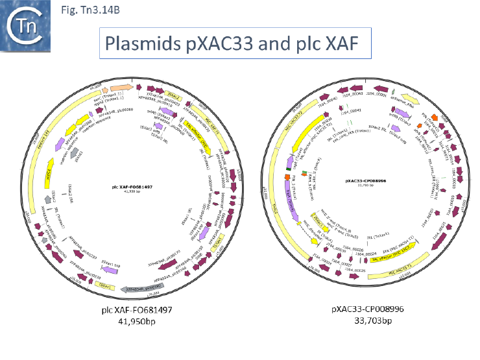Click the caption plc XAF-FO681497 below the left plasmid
point(139,310)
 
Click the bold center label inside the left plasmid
point(132,186)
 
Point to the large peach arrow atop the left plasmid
point(122,88)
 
